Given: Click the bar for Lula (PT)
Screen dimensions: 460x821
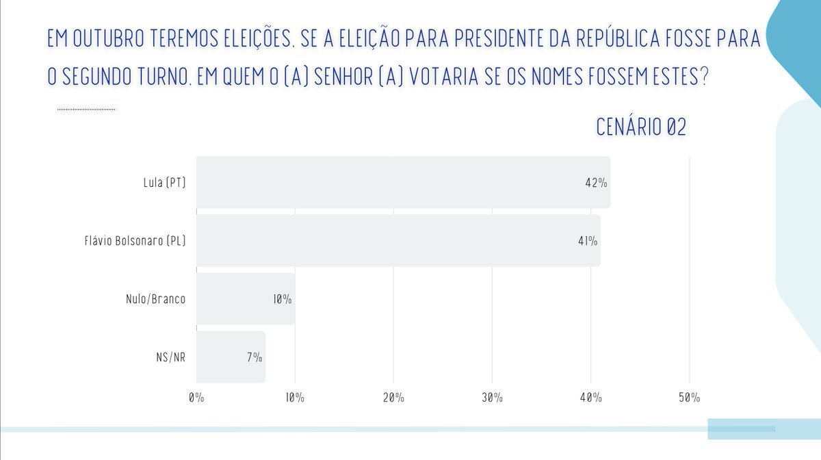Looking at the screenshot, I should [403, 183].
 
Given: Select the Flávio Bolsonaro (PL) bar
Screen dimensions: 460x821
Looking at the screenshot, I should [398, 240].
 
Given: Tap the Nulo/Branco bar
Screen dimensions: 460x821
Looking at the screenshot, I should [246, 299].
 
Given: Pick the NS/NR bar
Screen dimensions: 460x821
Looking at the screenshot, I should [231, 357].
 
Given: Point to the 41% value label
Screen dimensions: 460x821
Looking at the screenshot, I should [588, 241].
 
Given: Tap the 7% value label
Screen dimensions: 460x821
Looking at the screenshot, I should [255, 357].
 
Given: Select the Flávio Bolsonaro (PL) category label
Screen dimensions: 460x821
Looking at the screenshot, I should [131, 241].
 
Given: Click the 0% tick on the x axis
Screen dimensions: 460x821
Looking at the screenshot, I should [196, 398].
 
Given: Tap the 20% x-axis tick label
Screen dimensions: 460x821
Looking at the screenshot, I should [393, 398].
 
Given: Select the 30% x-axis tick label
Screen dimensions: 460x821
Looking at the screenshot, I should [492, 398].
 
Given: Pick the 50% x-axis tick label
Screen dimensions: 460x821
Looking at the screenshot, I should [689, 398].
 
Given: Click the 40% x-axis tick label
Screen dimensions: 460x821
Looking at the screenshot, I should [590, 398].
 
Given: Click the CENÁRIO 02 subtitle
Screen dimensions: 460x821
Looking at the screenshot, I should [641, 127].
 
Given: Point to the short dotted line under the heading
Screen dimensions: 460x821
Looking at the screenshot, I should [87, 109].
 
